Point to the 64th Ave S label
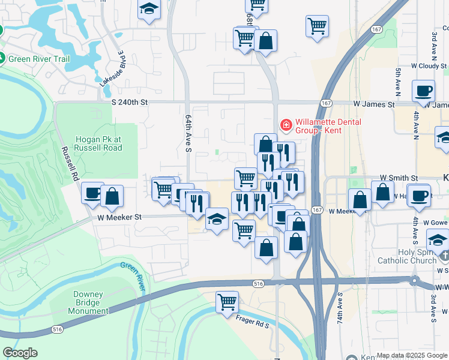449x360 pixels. pyautogui.click(x=188, y=133)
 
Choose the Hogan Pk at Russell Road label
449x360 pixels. pyautogui.click(x=98, y=143)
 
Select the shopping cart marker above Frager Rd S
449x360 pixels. pyautogui.click(x=227, y=302)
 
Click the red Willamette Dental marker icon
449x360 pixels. pyautogui.click(x=286, y=125)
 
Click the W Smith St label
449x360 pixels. pyautogui.click(x=399, y=178)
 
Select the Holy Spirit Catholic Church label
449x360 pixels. pyautogui.click(x=407, y=256)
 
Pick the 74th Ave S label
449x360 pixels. pyautogui.click(x=340, y=307)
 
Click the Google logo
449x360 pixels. pyautogui.click(x=20, y=352)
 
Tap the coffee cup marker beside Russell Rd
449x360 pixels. pyautogui.click(x=92, y=193)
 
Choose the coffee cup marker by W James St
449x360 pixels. pyautogui.click(x=424, y=91)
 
